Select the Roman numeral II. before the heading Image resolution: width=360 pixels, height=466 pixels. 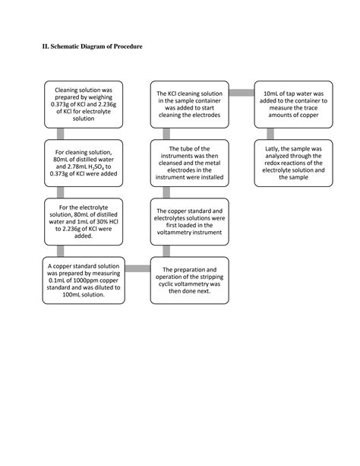coord(45,47)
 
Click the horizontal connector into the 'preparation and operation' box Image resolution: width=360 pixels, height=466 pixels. coord(137,268)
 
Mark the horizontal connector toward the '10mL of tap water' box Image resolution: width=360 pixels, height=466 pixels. coord(242,93)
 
